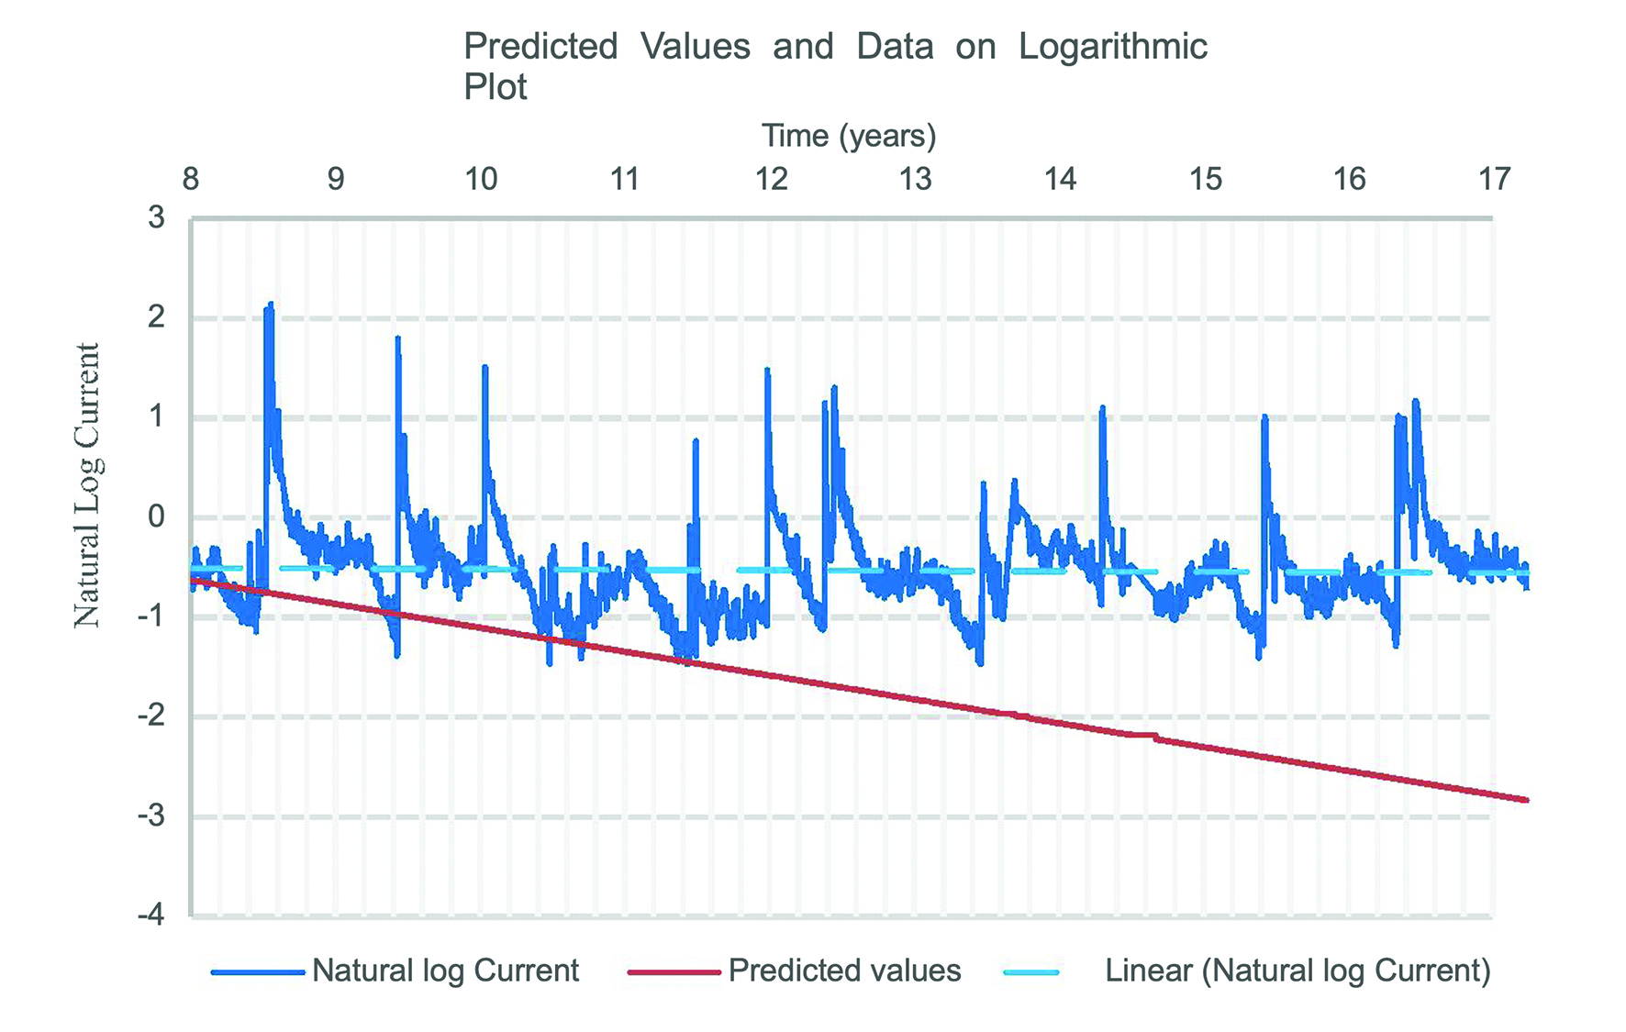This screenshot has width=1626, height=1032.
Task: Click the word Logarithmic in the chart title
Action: [x=1112, y=47]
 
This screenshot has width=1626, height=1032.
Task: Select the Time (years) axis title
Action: [x=849, y=136]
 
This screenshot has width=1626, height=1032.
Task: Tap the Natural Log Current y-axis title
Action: [x=87, y=485]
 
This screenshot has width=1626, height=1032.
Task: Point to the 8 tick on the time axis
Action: [x=191, y=179]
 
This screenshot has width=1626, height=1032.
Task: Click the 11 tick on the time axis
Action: [x=625, y=179]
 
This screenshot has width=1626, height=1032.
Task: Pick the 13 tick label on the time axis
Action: [x=915, y=179]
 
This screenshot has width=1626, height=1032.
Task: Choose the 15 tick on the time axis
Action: [x=1206, y=179]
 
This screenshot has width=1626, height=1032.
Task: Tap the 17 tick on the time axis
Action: [x=1495, y=179]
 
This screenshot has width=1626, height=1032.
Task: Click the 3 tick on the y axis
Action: [x=157, y=218]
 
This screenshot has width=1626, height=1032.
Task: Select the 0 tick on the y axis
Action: [x=157, y=516]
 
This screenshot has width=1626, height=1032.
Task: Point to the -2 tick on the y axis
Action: [x=151, y=716]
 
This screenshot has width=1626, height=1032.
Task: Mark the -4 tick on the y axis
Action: [x=151, y=915]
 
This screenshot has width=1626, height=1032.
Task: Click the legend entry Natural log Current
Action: [x=445, y=971]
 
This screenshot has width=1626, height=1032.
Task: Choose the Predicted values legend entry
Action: [x=844, y=971]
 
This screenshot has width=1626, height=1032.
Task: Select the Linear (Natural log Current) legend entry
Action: [x=1297, y=971]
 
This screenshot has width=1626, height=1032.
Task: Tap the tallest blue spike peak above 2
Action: [x=271, y=304]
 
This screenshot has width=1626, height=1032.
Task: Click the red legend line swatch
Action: [x=674, y=971]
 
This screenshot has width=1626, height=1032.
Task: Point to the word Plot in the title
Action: [x=496, y=87]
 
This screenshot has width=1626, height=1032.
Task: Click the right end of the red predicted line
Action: [x=1526, y=800]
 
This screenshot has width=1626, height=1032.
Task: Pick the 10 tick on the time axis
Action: [x=481, y=179]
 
